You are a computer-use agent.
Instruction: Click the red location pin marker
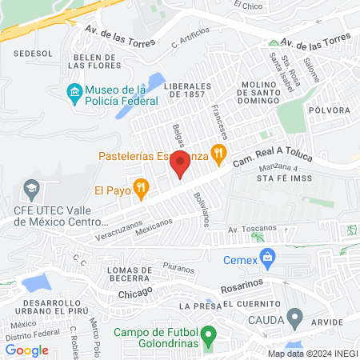tap(180, 165)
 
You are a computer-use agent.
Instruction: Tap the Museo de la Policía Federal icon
tap(74, 92)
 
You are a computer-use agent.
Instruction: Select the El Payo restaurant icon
tap(141, 190)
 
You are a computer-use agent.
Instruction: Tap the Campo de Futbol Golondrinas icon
tap(209, 333)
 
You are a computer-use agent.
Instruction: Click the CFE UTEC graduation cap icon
tap(31, 190)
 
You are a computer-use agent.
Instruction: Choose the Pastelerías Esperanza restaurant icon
tap(217, 151)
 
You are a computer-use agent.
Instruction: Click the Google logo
tap(27, 350)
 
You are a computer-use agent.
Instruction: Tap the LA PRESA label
tap(197, 306)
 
